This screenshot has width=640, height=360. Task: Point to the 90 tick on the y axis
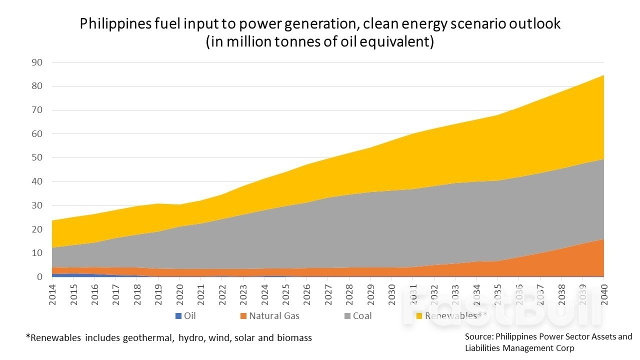coord(37,62)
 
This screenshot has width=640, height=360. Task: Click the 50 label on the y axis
coord(37,157)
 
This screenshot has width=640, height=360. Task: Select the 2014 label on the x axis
coord(52,292)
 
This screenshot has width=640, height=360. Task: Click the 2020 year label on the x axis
coord(179,292)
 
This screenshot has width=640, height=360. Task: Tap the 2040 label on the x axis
coord(604,292)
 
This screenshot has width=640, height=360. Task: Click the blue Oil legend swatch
coord(178,316)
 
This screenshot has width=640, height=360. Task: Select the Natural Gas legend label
coord(274,316)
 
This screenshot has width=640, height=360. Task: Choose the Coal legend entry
coord(362,316)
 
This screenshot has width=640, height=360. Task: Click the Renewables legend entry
coord(451,316)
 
